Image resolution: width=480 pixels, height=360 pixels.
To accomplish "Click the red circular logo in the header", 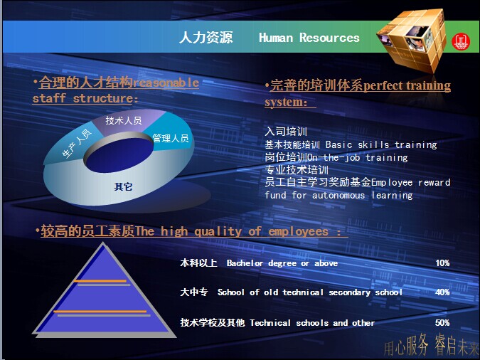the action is coord(460,42).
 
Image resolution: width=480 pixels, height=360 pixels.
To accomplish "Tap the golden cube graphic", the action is coord(412,39).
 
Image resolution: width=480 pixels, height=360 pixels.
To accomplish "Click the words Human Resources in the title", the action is coord(309,38).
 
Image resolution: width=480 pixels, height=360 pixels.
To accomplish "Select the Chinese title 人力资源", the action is coord(206,38).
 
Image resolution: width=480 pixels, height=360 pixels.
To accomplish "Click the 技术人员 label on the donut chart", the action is coord(124,120).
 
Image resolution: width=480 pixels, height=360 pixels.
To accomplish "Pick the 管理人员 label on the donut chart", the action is coord(171,138).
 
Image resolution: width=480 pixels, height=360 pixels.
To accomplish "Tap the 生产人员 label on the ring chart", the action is coord(77,144).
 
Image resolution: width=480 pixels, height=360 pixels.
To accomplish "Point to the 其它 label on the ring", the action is coord(123,186).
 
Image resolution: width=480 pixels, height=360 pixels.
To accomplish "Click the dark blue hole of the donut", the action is coord(119,154).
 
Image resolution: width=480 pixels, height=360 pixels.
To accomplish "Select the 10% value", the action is coord(442,263).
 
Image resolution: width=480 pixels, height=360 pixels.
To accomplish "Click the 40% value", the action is coord(442,292).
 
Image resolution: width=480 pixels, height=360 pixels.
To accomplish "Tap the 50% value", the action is coord(442,322).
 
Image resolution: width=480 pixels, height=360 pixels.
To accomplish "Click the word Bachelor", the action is coord(245,263).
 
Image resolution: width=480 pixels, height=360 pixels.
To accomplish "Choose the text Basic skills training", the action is coord(381,144).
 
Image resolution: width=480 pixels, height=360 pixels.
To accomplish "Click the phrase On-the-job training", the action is coord(357,157).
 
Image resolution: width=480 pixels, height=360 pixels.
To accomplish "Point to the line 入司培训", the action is coord(286,132).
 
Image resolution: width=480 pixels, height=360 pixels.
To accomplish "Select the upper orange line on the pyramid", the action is coord(100,281).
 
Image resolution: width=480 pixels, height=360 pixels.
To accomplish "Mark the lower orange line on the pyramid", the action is coord(100,312).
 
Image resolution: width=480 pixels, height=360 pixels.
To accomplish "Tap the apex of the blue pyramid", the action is coord(103,243).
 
